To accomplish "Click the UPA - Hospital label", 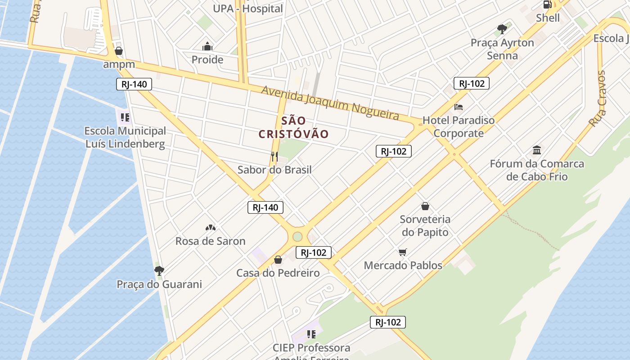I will pos(247,9).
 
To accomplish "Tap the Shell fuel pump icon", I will pos(548,5).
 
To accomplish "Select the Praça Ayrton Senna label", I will pos(502,49).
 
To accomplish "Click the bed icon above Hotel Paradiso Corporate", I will pos(459,107).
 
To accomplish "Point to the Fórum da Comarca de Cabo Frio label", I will pos(537,170).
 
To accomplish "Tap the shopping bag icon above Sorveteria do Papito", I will pos(425,207).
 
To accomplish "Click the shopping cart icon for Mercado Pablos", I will pos(403,252).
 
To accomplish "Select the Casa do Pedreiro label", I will pos(278,273).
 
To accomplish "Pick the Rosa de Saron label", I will pos(210,241).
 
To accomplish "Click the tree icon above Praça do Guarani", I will pos(159,270).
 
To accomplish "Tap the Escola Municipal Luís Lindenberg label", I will pos(125,137).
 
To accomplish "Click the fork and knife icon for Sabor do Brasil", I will pos(274,157).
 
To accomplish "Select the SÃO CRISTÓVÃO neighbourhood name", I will pos(294,127).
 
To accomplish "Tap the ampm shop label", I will pos(119,64).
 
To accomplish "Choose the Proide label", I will pos(207,59).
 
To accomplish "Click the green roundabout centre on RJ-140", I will pos(297,237).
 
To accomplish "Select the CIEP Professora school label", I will pos(311,348).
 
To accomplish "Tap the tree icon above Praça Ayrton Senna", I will pos(502,30).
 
